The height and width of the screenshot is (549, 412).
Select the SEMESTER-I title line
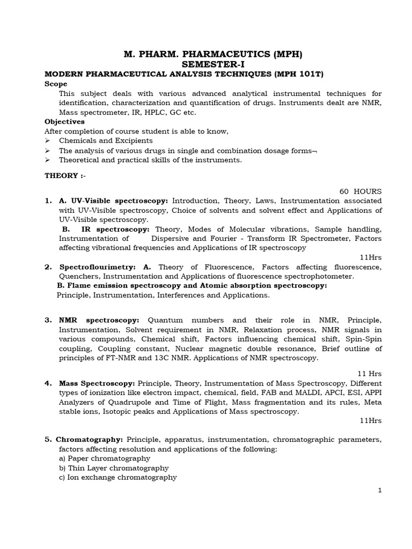(x=214, y=63)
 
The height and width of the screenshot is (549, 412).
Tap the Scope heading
(x=56, y=84)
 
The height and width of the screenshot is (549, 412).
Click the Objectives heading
(x=64, y=122)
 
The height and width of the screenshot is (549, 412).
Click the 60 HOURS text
(x=360, y=191)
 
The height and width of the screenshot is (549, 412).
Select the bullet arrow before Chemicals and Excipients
(x=47, y=141)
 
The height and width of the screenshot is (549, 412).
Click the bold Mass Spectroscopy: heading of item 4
(x=97, y=383)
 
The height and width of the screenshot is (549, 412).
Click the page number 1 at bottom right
(x=379, y=491)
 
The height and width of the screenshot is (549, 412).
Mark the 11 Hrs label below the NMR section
(x=370, y=373)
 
